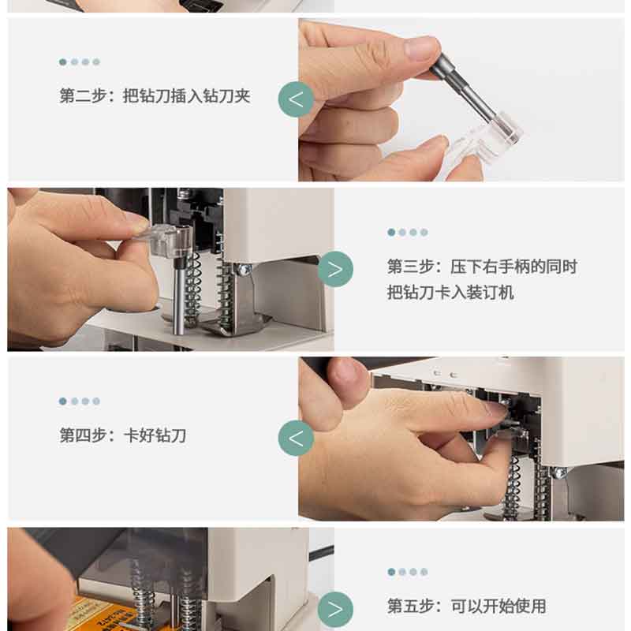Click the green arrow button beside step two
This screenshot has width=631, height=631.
tap(296, 99)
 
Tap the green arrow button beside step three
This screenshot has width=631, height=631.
tap(335, 269)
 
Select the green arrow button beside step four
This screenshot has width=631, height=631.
tap(296, 439)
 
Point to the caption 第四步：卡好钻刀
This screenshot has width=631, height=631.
tap(123, 435)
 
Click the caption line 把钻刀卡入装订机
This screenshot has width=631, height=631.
tap(450, 293)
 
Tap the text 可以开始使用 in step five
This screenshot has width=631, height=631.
tap(498, 606)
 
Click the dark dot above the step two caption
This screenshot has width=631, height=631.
tap(63, 62)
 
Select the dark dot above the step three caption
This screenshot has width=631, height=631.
tap(391, 232)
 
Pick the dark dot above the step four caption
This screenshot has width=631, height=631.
tap(63, 401)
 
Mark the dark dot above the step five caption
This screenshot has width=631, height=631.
tap(391, 572)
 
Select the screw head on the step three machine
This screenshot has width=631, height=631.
tap(243, 270)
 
